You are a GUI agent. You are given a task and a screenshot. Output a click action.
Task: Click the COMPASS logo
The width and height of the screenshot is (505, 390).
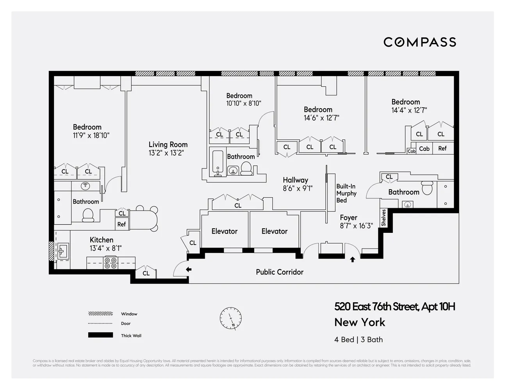tap(419, 42)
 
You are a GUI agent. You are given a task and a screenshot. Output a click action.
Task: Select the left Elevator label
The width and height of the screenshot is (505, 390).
tap(224, 231)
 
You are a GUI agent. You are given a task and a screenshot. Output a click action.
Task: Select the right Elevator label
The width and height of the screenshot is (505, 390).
tap(274, 231)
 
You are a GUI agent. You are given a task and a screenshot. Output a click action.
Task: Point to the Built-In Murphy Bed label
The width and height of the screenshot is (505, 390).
tap(346, 193)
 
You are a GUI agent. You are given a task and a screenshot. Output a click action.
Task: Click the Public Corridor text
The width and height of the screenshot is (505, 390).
tap(279, 272)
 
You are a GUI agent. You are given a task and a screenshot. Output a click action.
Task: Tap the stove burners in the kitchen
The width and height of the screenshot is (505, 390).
tap(110, 263)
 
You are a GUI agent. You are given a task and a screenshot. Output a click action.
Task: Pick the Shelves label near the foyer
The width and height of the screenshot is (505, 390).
tap(384, 218)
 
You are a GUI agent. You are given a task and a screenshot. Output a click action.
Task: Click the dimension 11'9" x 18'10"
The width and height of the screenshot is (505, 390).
tap(91, 136)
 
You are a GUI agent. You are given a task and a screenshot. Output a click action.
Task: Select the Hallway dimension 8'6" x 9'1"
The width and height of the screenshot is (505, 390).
tap(298, 188)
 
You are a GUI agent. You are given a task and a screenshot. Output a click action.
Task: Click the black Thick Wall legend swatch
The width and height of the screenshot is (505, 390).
tap(100, 335)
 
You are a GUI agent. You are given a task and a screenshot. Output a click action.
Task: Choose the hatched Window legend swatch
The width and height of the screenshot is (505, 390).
tap(100, 314)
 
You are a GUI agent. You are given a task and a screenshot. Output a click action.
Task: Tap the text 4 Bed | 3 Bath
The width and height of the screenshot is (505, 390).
tap(358, 340)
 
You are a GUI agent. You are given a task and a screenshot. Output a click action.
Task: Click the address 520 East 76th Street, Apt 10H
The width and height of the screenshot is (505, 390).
tap(394, 307)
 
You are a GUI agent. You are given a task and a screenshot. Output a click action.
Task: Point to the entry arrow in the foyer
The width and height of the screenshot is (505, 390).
tap(352, 259)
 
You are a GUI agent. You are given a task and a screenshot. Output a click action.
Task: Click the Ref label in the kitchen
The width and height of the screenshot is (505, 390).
tap(121, 224)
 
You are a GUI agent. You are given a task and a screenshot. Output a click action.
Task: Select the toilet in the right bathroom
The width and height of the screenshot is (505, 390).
tap(427, 188)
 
